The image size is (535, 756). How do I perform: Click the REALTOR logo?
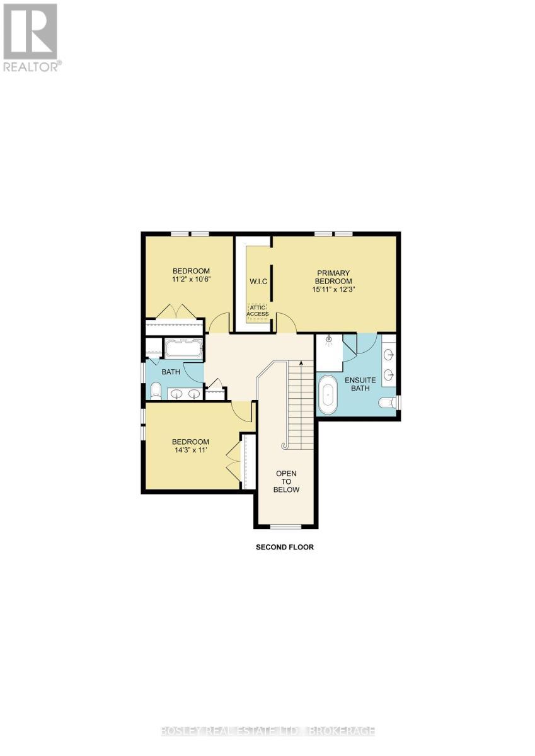pyautogui.click(x=32, y=37)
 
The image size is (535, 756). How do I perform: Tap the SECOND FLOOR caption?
pyautogui.click(x=284, y=547)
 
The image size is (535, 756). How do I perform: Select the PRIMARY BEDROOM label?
pyautogui.click(x=333, y=277)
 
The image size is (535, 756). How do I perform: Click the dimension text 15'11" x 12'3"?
pyautogui.click(x=333, y=290)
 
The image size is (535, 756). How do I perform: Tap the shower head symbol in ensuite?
pyautogui.click(x=328, y=340)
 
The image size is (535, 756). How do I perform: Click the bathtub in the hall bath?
pyautogui.click(x=183, y=349)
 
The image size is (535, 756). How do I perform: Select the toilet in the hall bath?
pyautogui.click(x=156, y=391)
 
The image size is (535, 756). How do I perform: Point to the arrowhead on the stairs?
pyautogui.click(x=301, y=363)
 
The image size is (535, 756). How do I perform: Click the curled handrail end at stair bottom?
pyautogui.click(x=285, y=446)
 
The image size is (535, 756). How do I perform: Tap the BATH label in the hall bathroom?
pyautogui.click(x=171, y=372)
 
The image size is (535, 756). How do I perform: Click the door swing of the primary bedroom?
pyautogui.click(x=286, y=321)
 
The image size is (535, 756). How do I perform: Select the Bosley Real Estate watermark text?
pyautogui.click(x=267, y=731)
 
